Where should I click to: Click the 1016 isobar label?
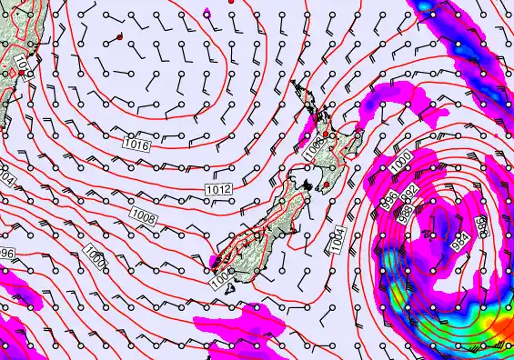coord(136,144)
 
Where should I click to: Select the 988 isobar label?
coord(404,210)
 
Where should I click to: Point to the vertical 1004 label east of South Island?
coord(338,239)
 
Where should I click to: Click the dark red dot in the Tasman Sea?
coord(119,36)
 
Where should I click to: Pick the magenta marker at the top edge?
coord(208,12)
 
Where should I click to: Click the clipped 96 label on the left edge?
coord(7,253)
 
